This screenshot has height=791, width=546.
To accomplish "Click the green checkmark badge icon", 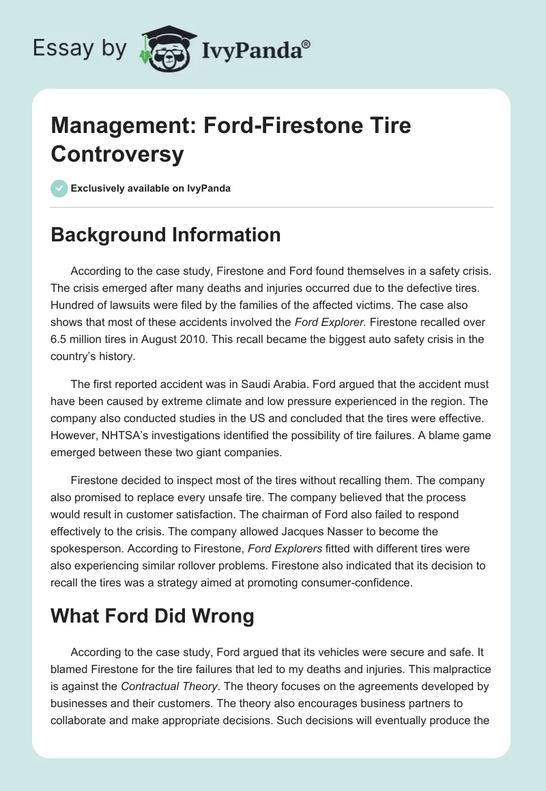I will [x=59, y=188].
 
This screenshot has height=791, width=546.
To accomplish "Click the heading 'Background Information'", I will [x=166, y=235].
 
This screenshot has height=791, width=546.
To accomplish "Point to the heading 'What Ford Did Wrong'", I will [x=152, y=616].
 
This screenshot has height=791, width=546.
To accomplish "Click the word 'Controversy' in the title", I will [x=117, y=154].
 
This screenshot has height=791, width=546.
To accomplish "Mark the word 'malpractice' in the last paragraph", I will [x=461, y=670].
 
